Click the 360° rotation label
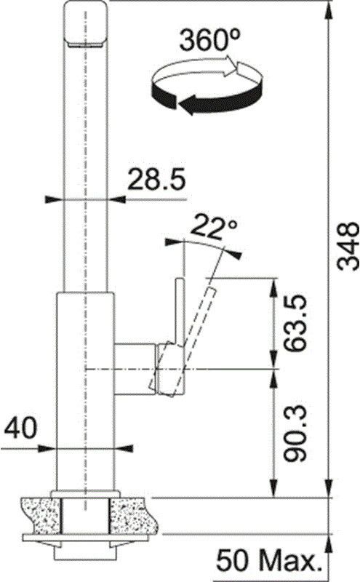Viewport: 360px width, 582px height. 209,40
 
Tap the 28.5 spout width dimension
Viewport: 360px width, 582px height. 156,180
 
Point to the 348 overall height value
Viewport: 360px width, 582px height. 348,246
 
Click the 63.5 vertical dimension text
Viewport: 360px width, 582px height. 295,323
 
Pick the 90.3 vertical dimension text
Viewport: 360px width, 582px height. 295,433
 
